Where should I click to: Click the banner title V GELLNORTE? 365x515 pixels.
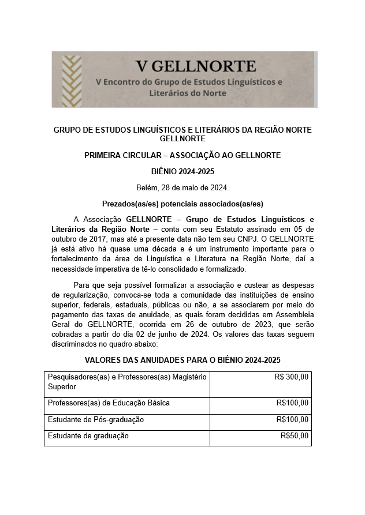196,65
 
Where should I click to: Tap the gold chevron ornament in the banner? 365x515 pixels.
72,80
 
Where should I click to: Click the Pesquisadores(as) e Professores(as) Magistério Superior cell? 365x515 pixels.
126,381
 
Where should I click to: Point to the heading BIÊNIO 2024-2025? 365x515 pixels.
182,171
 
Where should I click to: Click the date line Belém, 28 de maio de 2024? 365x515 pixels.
182,187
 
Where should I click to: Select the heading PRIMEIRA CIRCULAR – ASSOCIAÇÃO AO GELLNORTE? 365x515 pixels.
182,155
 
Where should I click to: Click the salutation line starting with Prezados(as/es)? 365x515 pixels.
182,204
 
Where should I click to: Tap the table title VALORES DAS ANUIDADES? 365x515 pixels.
182,360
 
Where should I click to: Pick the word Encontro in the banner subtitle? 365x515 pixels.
124,82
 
